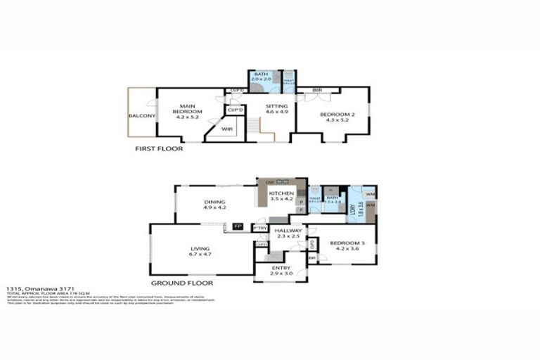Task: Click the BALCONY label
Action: [x=141, y=116]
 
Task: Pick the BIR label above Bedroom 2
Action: [x=318, y=90]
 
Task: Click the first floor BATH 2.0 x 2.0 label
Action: [x=261, y=77]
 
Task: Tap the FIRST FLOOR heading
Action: [x=159, y=149]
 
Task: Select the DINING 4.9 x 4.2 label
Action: [x=214, y=205]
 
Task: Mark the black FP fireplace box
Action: [x=238, y=227]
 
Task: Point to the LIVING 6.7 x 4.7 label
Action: [x=200, y=251]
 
